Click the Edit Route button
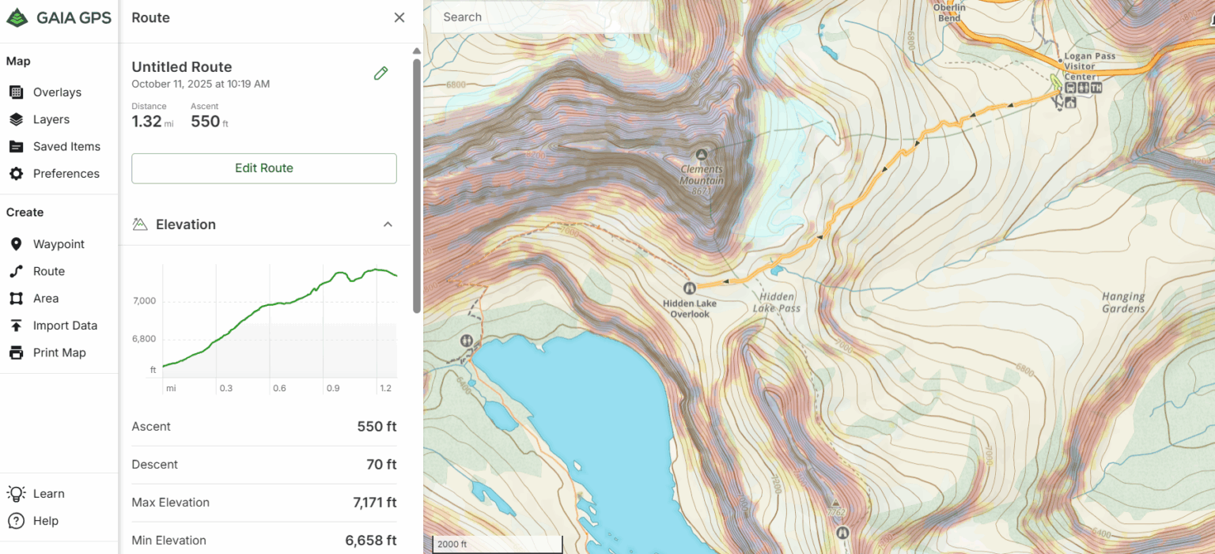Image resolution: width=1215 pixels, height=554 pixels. (263, 168)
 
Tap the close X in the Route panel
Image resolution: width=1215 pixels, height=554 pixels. (399, 17)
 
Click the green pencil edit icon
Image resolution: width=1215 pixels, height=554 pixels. (380, 73)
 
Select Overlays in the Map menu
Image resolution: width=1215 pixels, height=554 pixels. (57, 92)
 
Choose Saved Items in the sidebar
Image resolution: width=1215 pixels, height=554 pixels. (66, 146)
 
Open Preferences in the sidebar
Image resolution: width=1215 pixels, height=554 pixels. (66, 174)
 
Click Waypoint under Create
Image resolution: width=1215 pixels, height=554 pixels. (59, 244)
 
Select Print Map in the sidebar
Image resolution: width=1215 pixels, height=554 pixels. (59, 352)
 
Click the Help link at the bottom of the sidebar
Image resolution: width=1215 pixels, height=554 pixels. (46, 521)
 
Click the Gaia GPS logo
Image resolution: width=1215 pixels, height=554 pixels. (59, 17)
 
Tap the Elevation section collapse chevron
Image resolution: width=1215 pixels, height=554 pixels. (388, 224)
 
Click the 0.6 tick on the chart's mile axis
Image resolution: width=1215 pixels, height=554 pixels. (278, 389)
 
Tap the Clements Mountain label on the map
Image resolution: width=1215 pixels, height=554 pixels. (702, 175)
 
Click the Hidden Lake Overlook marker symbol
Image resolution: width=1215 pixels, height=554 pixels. (690, 288)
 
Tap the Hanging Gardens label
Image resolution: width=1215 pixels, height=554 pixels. (1123, 303)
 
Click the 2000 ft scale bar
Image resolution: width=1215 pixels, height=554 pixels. (497, 545)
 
